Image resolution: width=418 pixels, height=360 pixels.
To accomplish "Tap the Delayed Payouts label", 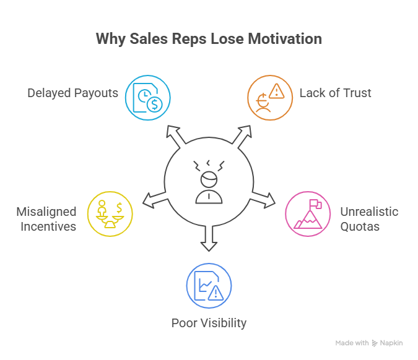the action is coord(72,93).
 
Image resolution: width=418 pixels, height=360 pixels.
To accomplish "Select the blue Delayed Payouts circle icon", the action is coord(147,97).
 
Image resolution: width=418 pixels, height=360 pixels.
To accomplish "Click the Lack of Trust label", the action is coord(335,93).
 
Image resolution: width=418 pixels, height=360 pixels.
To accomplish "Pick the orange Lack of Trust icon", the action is coord(270,97).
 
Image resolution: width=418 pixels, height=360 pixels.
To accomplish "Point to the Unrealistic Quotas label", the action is coord(369,219).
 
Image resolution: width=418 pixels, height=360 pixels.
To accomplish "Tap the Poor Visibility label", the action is coord(209,323).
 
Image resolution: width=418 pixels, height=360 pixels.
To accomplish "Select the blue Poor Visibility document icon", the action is coord(209,286).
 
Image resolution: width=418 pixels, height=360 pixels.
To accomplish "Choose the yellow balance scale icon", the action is coord(110,214).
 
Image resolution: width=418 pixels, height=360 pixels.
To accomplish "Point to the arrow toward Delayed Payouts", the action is coord(174,136).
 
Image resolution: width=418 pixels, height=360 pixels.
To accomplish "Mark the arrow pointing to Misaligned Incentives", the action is coord(154,200).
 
